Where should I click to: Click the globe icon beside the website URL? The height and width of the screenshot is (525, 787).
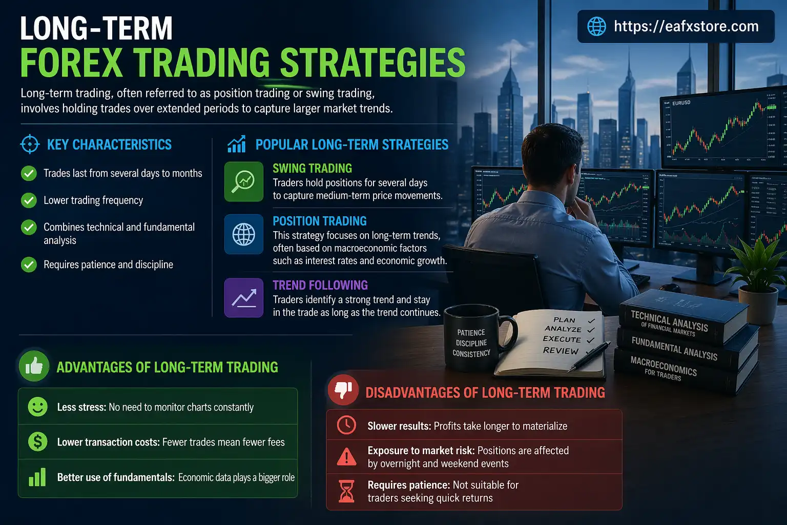[596, 26]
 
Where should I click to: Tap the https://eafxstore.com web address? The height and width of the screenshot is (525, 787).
[686, 26]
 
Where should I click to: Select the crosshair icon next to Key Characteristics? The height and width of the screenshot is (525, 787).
[30, 145]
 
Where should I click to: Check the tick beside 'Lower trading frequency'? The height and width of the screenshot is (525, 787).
[29, 200]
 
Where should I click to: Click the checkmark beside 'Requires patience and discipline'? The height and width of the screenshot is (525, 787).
[29, 265]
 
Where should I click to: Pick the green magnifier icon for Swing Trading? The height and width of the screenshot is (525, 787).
[244, 181]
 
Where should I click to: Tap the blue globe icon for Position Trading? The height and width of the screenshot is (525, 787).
[244, 234]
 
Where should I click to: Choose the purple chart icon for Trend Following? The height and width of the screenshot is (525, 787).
[244, 298]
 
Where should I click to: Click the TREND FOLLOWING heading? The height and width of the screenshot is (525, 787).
[320, 285]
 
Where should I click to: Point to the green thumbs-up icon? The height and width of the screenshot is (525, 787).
[34, 366]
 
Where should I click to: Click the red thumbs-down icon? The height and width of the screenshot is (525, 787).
[343, 390]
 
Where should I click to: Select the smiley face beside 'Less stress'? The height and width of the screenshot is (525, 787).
[37, 407]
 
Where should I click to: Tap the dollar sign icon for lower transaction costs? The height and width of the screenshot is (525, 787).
[37, 441]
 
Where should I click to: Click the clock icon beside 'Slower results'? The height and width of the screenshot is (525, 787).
[346, 426]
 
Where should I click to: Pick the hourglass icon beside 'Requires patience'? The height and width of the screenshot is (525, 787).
[346, 491]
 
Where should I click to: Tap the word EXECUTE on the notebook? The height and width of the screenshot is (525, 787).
[562, 339]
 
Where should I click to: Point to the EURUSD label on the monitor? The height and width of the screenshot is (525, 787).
[681, 103]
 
